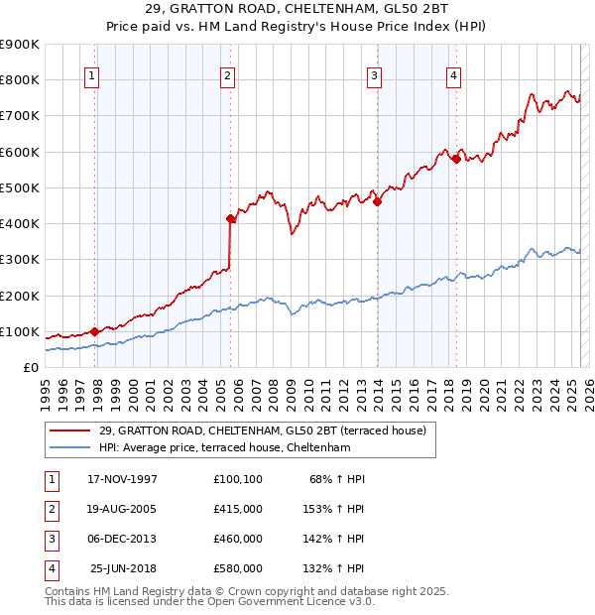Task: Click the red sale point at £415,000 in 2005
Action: (x=230, y=218)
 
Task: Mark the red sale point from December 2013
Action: (x=377, y=202)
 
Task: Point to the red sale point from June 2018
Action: (x=456, y=159)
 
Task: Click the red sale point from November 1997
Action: (x=95, y=331)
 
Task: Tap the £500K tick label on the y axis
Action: (x=20, y=187)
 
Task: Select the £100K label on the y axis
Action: (x=20, y=331)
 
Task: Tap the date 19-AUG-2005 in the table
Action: (x=123, y=510)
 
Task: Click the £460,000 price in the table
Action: (x=238, y=540)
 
